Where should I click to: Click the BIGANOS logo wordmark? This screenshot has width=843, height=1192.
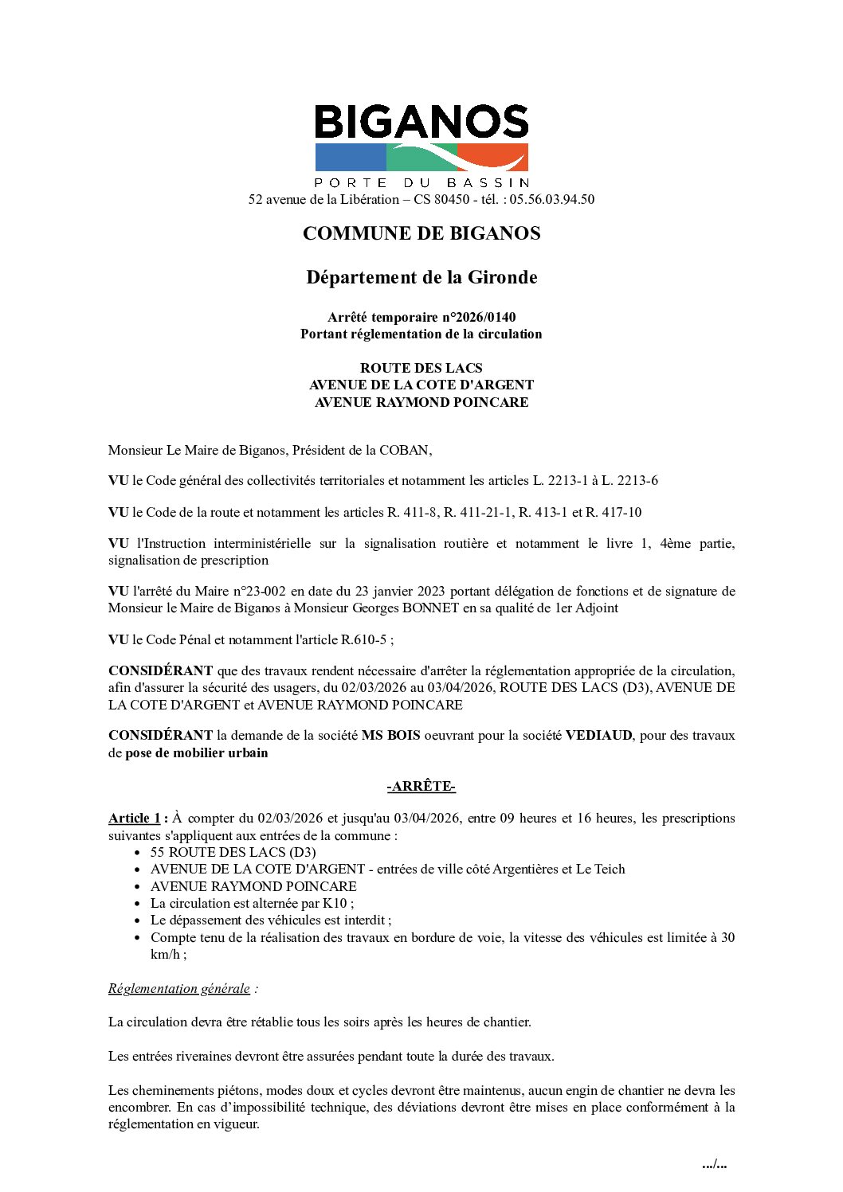coord(421,123)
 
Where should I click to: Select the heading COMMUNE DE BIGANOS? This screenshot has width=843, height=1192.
coord(421,233)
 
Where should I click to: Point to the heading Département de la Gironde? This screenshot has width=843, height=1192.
coord(421,277)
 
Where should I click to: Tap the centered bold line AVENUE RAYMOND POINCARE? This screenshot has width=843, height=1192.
coord(421,402)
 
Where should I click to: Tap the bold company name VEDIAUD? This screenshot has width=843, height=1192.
coord(599,735)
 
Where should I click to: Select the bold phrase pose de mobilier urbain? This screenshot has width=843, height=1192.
coord(197,752)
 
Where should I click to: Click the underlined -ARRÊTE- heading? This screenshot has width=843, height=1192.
coord(421,786)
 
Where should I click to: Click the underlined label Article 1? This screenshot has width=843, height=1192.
coord(135,818)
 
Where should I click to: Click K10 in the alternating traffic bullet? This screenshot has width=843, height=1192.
coord(335,903)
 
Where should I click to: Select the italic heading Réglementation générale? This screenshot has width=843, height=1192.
coord(179,988)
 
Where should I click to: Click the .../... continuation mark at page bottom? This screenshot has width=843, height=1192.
coord(714,1164)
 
